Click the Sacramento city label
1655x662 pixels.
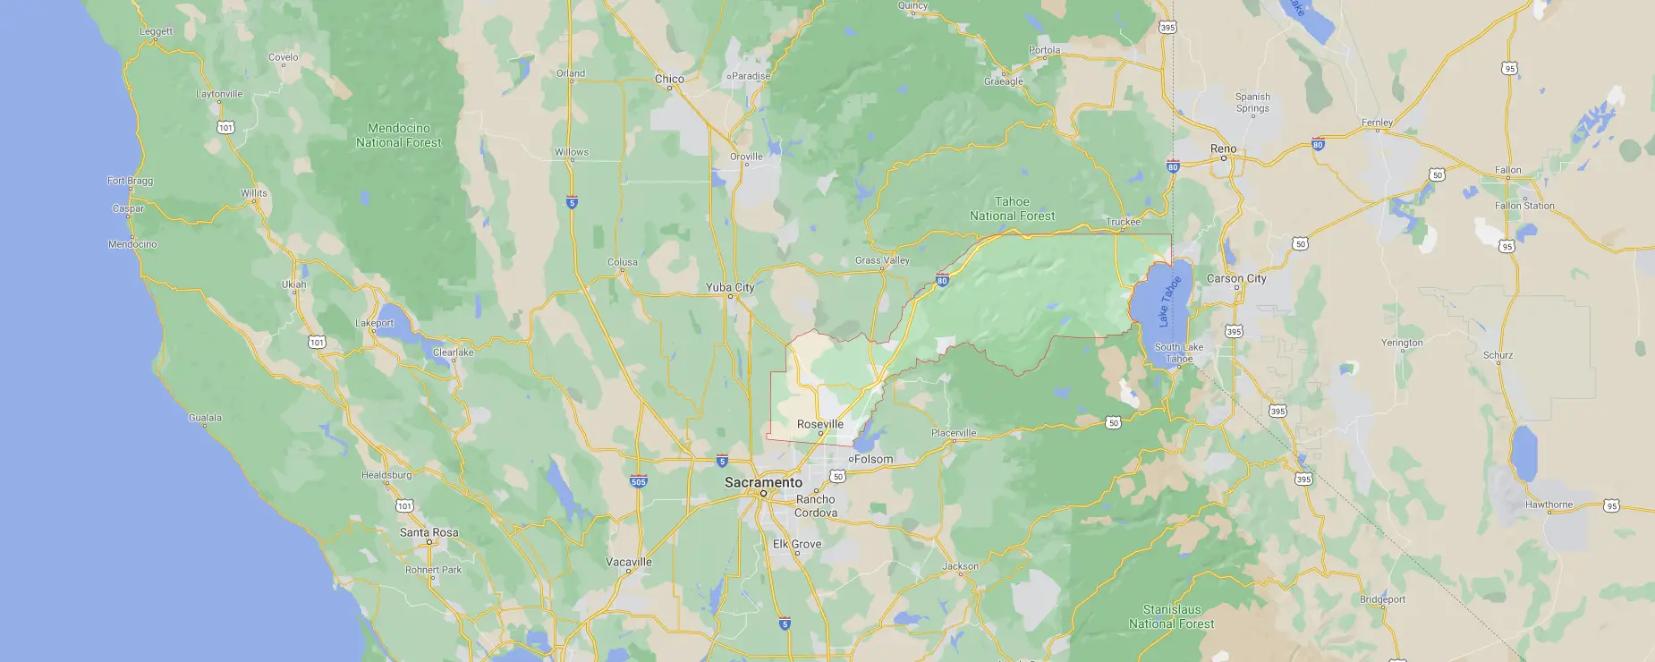coord(763,482)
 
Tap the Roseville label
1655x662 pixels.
coord(819,424)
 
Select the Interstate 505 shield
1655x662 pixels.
coord(638,481)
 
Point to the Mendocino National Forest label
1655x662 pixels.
coord(398,135)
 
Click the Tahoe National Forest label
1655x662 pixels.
coord(1012,208)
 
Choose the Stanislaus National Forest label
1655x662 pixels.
coord(1171,616)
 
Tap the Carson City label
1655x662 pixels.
coord(1236,278)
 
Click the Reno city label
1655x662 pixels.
coord(1223,149)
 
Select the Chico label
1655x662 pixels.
coord(669,79)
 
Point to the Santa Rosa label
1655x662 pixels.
coord(429,532)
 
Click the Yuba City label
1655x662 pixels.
coord(730,287)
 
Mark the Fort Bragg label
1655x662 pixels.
coord(130,181)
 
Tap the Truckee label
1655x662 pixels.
coord(1123,222)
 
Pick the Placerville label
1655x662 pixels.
coord(954,433)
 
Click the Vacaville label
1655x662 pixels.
coord(629,562)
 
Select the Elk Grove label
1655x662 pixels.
coord(796,544)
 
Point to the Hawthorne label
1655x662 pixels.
coord(1549,505)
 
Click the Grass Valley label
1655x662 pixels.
coord(882,260)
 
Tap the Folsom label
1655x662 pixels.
coord(873,459)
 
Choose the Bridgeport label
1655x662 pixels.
coord(1382,599)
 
